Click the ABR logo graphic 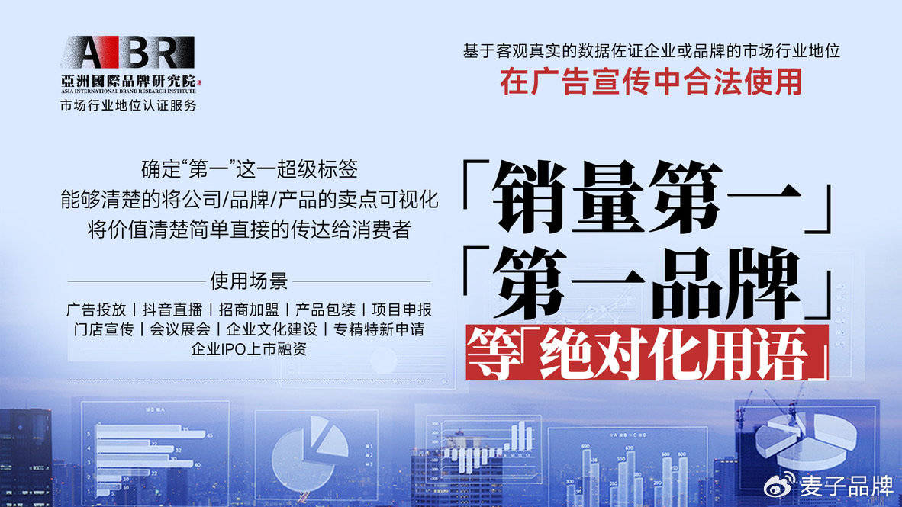(128, 53)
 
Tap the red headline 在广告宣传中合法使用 (651, 82)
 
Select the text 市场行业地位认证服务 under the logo (128, 105)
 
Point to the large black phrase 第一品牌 (646, 283)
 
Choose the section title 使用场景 (249, 281)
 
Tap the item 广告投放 (96, 310)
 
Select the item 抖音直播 (172, 310)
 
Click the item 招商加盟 (249, 310)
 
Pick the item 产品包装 (325, 310)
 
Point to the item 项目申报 (401, 310)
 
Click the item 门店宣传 (104, 329)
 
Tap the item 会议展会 (180, 329)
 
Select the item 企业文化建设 (272, 329)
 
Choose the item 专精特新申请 (379, 329)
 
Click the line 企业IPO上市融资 (249, 349)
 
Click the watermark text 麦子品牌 (846, 486)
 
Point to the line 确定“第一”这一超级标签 (249, 169)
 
